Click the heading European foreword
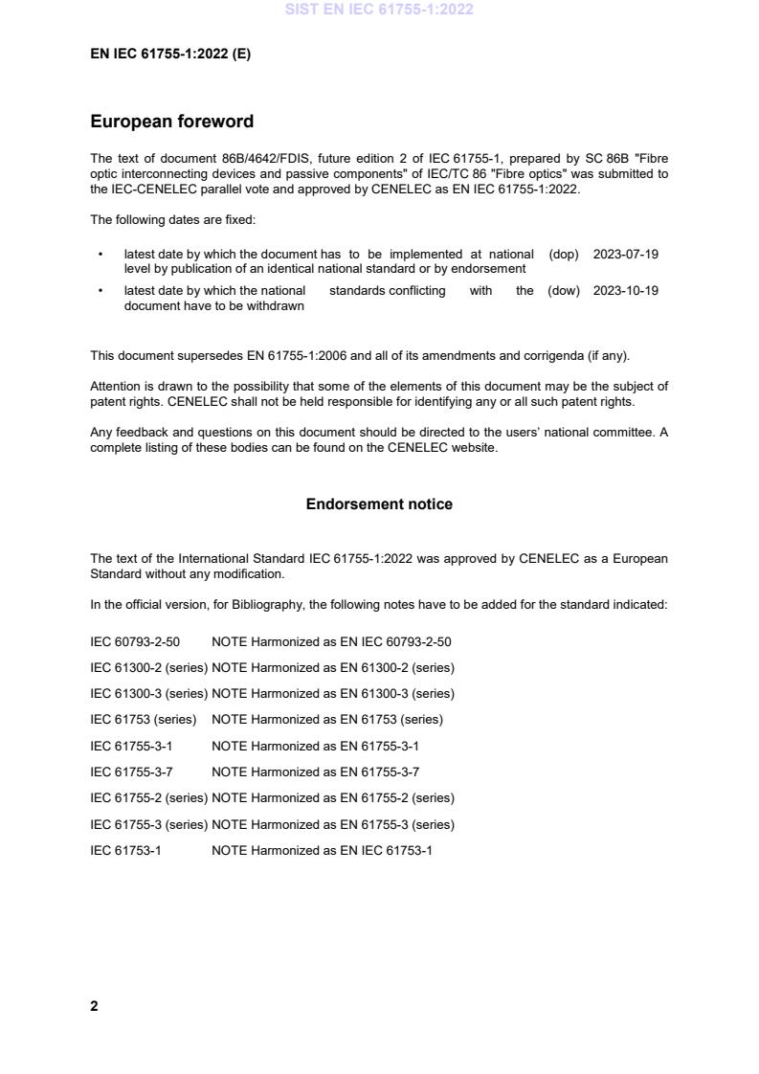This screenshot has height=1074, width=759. point(171,122)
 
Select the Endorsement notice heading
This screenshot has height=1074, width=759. point(379,504)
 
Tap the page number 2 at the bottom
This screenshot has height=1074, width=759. point(94,1006)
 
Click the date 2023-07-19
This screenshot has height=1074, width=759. point(625,255)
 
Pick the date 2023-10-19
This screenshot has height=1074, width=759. point(625,291)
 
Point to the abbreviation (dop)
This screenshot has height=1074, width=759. point(564,255)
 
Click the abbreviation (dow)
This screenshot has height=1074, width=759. point(564,291)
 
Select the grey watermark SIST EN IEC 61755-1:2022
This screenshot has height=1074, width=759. point(379,10)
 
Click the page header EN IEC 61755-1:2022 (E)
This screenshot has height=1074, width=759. point(170,55)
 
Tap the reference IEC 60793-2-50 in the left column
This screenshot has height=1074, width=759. point(135,641)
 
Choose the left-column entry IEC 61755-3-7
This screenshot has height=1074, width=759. point(131,772)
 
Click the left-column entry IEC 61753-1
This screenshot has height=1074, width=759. point(125,850)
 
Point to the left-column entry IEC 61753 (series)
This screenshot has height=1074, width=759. point(143,720)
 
